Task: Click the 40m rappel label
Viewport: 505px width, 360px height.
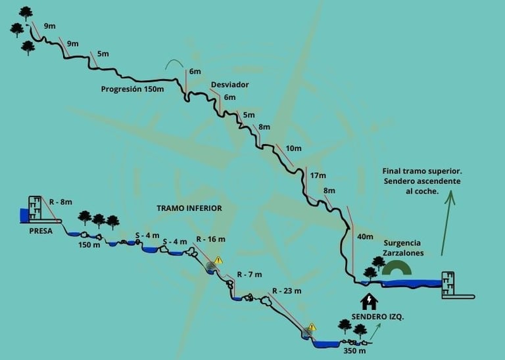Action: coord(364,236)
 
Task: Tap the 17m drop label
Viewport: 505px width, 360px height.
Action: coord(318,175)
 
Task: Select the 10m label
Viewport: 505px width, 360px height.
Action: coord(293,148)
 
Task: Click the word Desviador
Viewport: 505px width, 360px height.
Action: coord(230,85)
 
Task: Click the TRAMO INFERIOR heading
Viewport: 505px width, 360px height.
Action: coord(189,208)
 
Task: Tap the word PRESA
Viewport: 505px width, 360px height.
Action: coord(41,231)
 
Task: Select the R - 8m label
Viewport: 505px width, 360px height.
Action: coord(60,202)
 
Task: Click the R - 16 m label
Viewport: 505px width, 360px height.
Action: coord(211,239)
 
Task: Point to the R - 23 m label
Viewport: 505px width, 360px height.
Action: coord(287,291)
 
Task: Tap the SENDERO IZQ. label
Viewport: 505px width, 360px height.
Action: coord(377,317)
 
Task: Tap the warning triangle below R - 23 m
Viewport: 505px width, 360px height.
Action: coord(312,326)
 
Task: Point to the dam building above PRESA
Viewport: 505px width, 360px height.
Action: coord(35,209)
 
